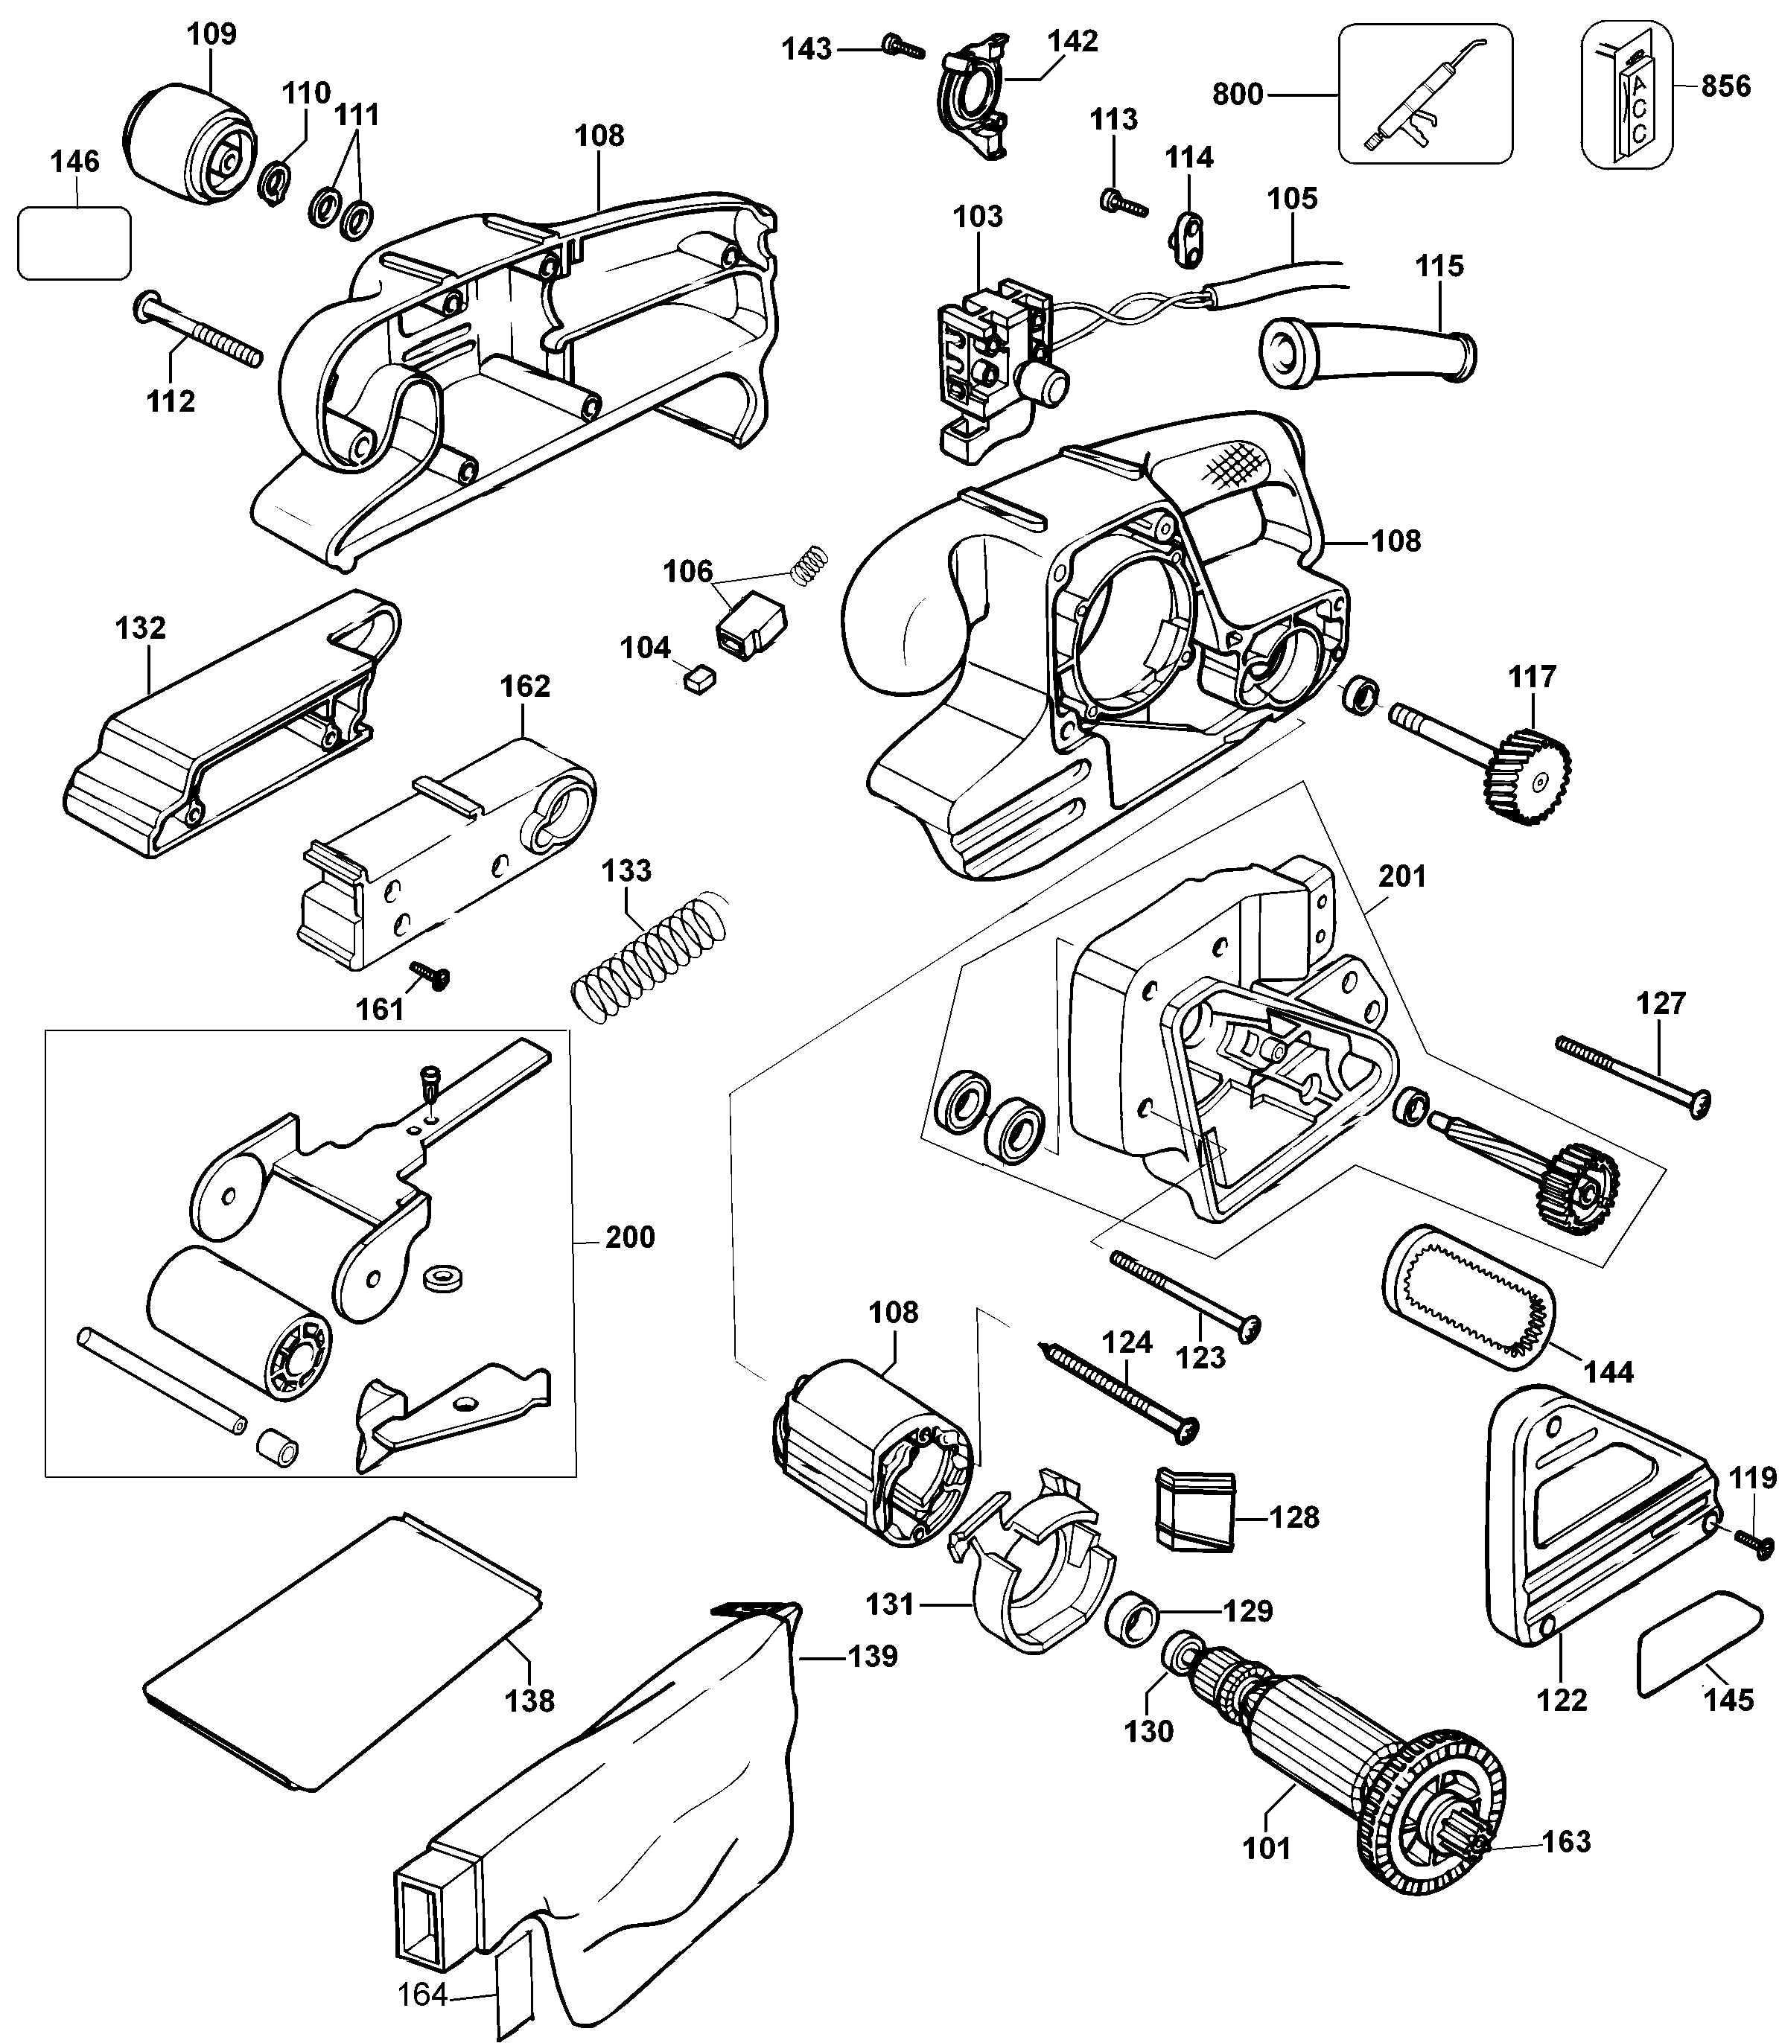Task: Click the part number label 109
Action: [211, 34]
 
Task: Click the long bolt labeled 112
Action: [199, 330]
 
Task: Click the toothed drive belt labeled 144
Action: [1468, 1298]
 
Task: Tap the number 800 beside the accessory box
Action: [1237, 95]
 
